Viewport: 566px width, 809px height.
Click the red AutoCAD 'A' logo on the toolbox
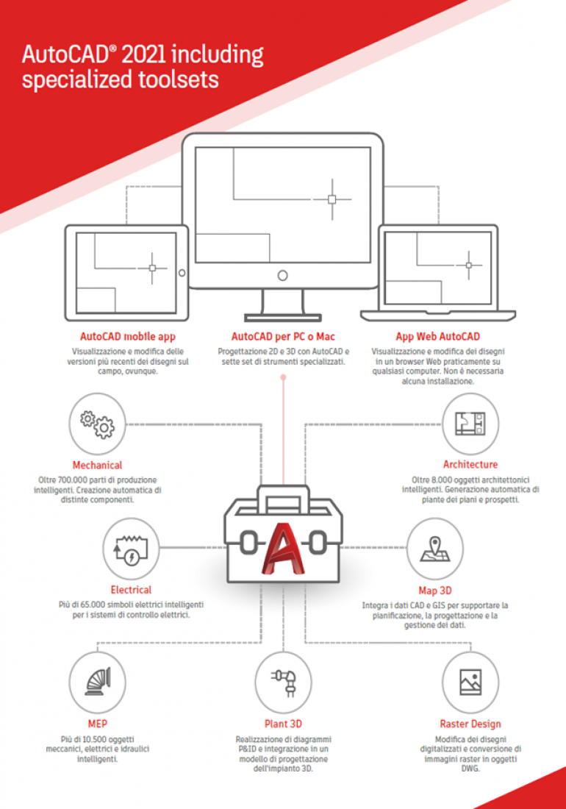point(283,549)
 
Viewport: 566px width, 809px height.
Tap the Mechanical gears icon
point(98,424)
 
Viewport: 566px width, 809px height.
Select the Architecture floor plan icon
point(470,423)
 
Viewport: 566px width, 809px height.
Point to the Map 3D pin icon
point(435,549)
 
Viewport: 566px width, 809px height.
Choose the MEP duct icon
point(98,682)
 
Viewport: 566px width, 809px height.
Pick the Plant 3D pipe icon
point(284,682)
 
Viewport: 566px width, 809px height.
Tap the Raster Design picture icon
point(470,682)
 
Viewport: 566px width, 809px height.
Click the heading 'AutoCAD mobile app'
point(128,337)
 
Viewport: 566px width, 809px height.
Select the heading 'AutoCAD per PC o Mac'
point(283,337)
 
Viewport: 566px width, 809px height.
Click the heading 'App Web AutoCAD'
point(437,337)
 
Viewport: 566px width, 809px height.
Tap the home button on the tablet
point(182,273)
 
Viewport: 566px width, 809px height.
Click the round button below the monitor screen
point(282,276)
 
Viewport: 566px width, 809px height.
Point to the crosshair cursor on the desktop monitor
point(332,199)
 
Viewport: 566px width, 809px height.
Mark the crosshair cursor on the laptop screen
point(468,265)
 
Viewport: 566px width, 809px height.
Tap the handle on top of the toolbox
point(283,498)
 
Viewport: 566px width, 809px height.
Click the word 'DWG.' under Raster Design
point(470,769)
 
